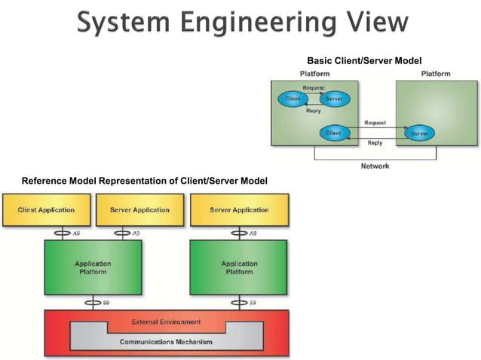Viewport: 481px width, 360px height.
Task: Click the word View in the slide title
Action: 378,21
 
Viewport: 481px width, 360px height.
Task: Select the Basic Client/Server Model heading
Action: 364,61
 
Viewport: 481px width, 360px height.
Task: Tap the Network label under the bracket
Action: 375,166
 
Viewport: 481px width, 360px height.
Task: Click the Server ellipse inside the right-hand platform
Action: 420,133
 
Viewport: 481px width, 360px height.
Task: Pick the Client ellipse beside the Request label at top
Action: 293,99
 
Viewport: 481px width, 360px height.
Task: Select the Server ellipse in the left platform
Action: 335,99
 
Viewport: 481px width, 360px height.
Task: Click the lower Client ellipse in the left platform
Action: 333,133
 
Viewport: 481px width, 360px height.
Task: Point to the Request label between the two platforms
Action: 375,123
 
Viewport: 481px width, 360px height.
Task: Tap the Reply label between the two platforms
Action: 375,143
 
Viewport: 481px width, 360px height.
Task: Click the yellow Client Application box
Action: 46,210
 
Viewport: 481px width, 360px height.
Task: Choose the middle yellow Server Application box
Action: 140,210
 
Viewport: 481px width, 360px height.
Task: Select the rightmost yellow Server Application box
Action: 239,210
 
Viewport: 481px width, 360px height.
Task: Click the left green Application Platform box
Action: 93,267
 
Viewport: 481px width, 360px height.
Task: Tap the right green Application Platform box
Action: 239,267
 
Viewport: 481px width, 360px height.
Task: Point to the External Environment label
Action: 166,322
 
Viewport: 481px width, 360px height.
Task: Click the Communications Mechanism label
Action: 166,342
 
